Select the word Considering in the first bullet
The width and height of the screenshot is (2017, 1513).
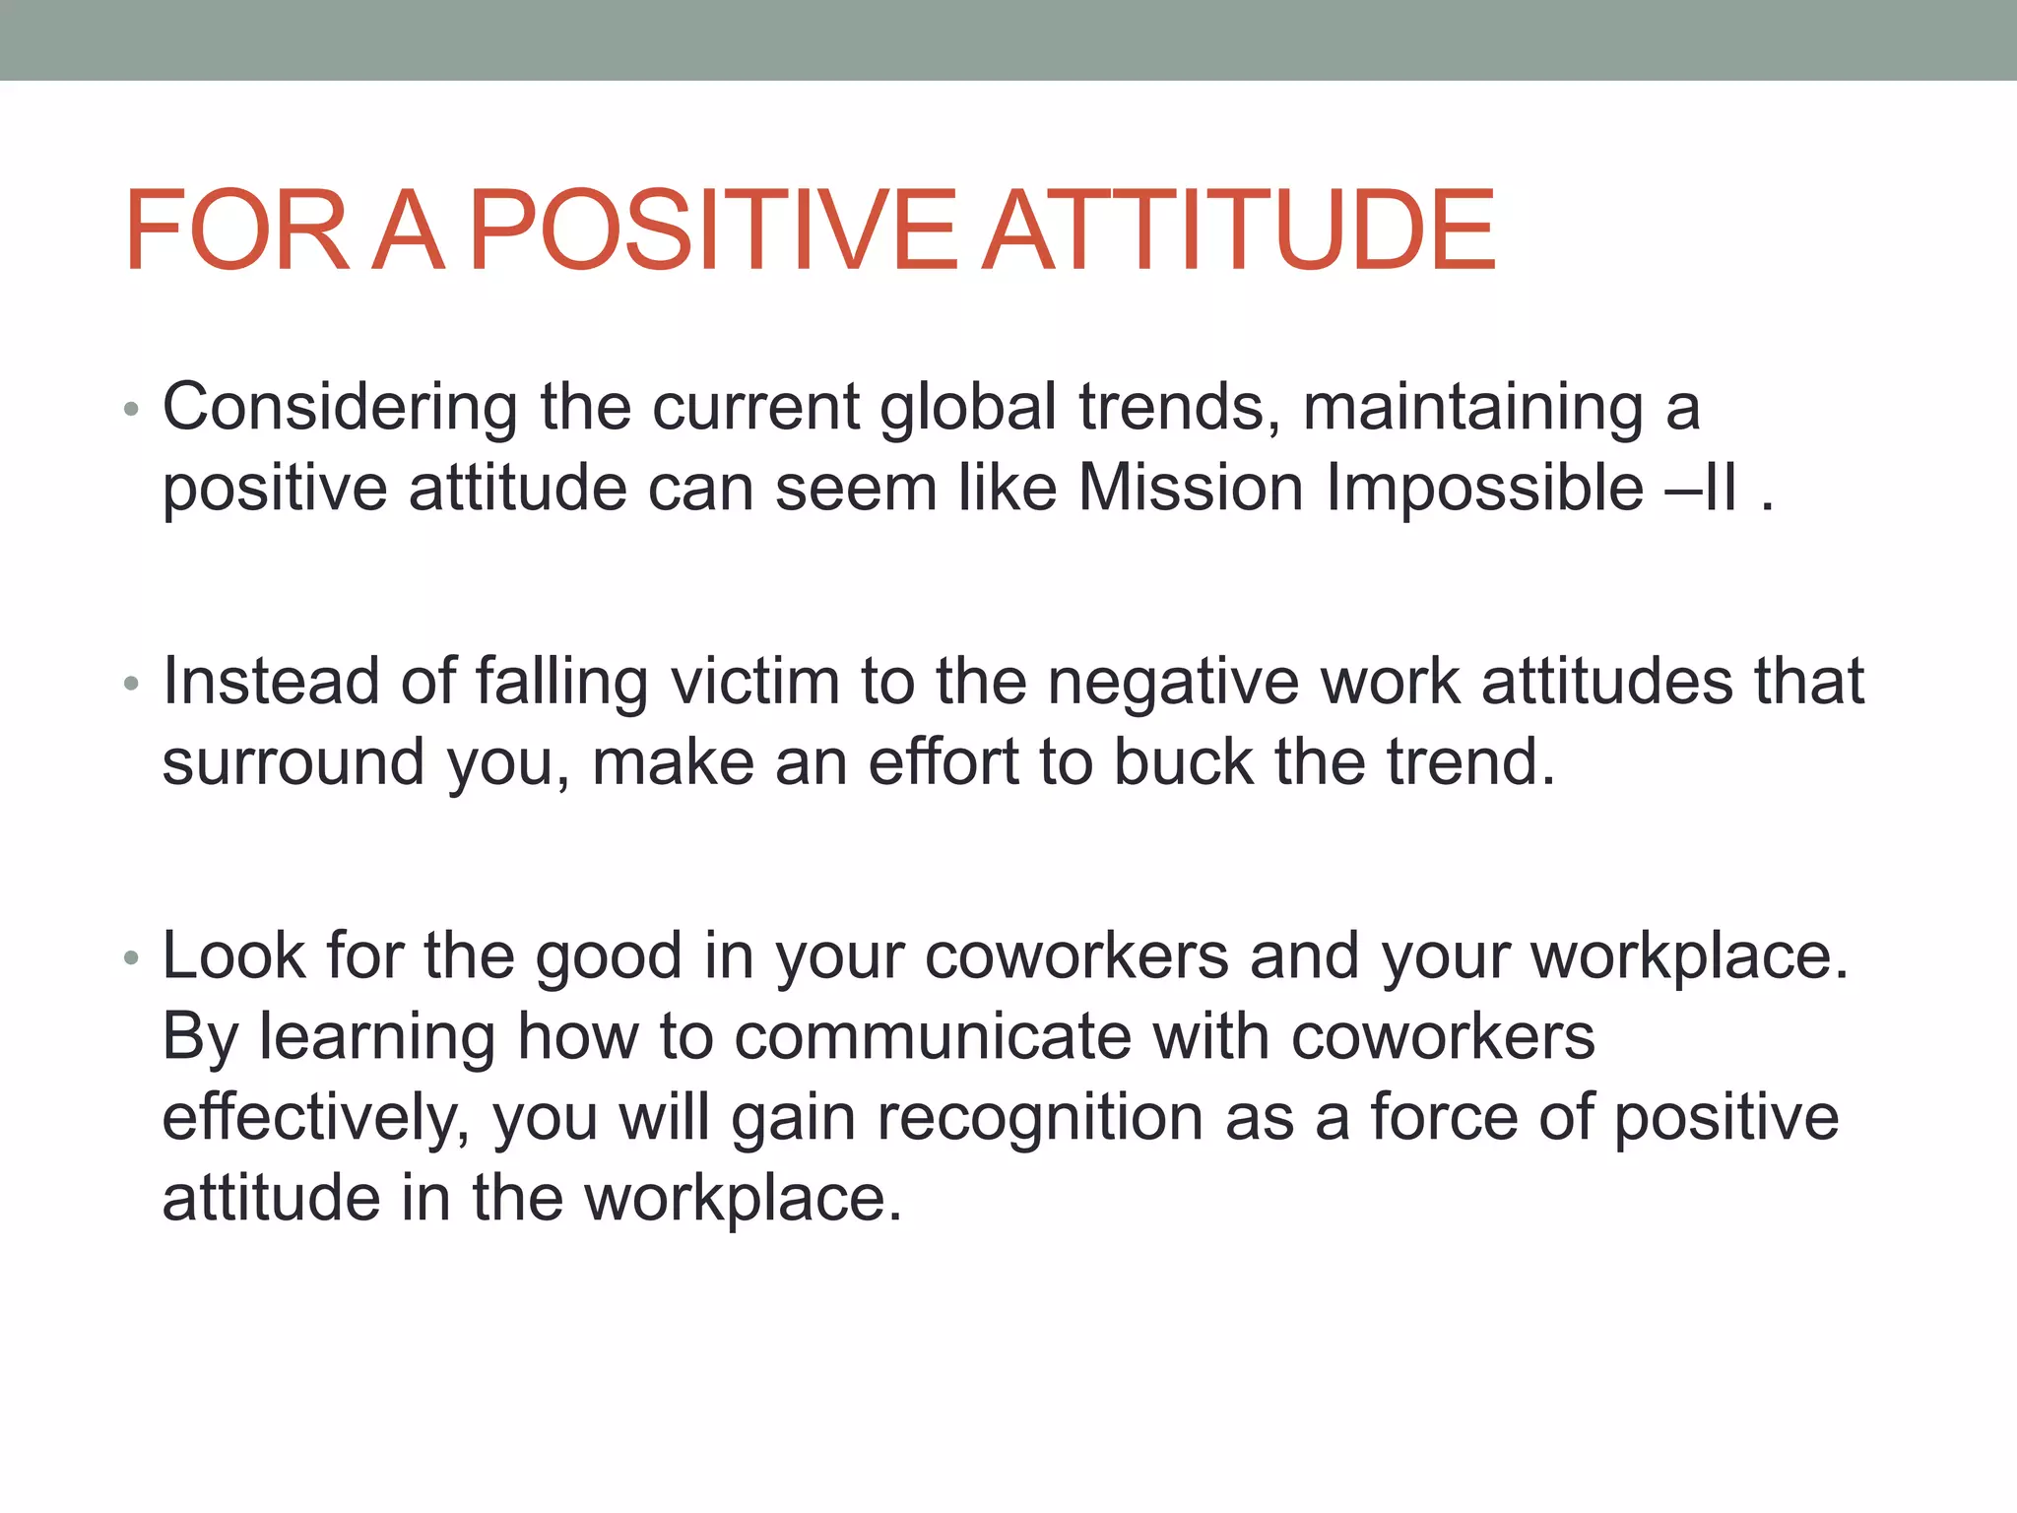point(340,408)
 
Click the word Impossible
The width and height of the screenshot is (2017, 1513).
point(1484,489)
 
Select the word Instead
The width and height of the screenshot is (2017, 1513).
point(271,682)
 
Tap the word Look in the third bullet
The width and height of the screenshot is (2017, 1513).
point(233,956)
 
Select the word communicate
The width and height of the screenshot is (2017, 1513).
point(933,1037)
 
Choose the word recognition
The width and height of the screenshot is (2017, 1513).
point(1040,1118)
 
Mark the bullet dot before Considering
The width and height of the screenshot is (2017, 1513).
point(132,410)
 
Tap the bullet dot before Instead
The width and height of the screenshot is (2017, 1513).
point(132,684)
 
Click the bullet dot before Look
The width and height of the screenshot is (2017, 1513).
point(132,957)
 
